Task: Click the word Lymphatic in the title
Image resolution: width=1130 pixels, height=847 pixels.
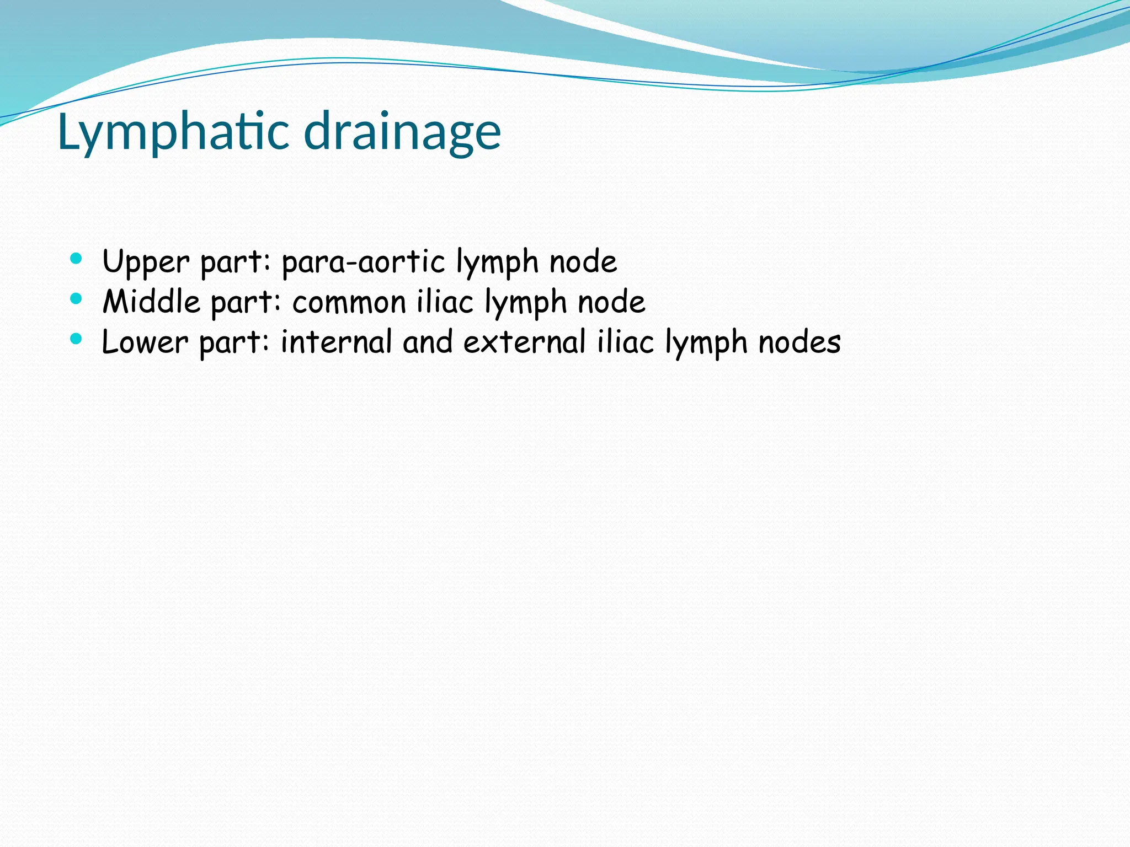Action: (x=173, y=132)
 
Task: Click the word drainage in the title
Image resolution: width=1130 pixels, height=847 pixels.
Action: (x=402, y=132)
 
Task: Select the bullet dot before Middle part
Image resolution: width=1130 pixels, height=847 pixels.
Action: (x=76, y=299)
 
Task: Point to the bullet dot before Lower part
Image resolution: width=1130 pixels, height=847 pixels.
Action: (x=76, y=339)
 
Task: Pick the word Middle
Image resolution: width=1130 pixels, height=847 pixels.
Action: (x=151, y=302)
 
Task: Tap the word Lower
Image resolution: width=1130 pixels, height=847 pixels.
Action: (x=145, y=342)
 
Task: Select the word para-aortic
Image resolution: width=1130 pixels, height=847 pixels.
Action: (x=363, y=262)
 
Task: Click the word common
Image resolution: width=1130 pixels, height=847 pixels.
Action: (x=349, y=303)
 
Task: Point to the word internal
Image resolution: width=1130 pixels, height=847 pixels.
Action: (x=336, y=342)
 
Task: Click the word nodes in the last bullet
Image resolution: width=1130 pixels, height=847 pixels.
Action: (x=799, y=342)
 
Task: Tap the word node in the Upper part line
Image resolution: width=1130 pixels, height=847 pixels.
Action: (x=583, y=262)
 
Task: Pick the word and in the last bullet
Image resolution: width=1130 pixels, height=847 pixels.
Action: (x=428, y=342)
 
